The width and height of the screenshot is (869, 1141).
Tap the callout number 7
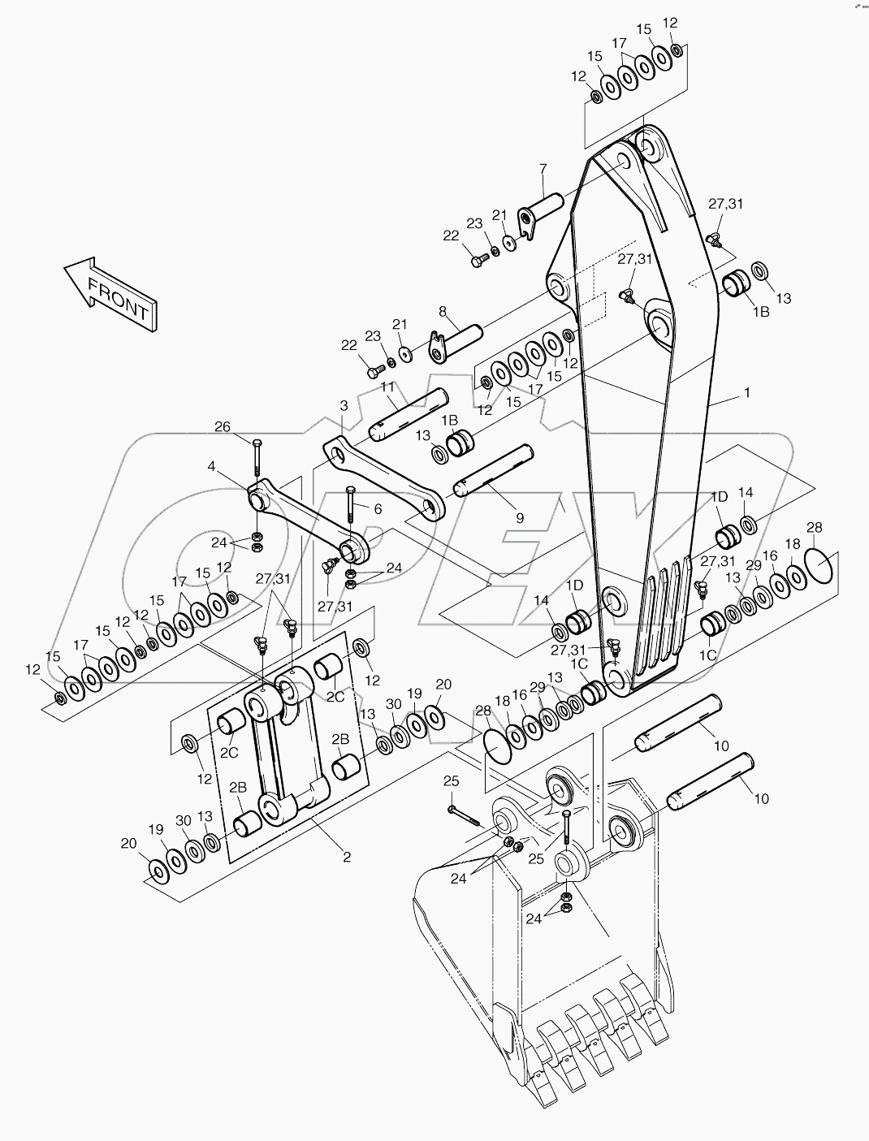coord(543,169)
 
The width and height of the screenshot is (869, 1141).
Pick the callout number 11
coord(387,387)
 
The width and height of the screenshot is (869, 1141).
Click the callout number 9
coord(520,517)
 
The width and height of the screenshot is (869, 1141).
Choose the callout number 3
coord(344,404)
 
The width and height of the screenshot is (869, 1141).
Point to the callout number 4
coord(211,466)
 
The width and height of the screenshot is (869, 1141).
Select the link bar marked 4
coord(309,522)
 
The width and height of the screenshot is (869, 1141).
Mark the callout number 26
coord(223,426)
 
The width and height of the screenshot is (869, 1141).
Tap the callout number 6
coord(378,508)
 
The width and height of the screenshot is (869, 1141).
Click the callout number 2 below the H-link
coord(347,857)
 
